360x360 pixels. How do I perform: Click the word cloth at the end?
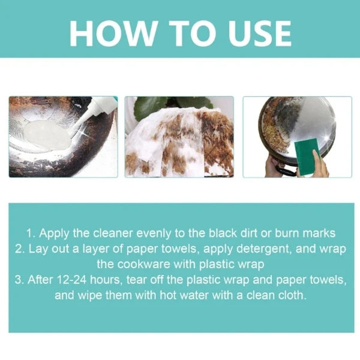pos(292,296)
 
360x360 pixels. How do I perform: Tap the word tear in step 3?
pos(150,280)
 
